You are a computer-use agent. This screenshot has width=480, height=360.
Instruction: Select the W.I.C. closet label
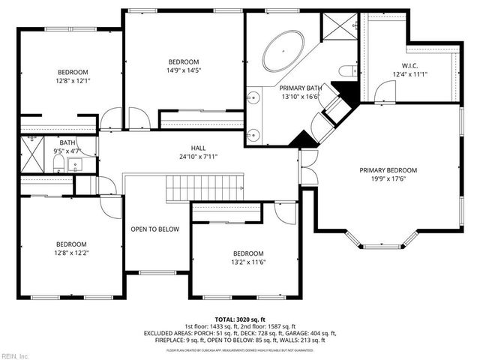[408, 64]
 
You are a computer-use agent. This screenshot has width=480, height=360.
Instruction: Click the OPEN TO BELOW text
[155, 229]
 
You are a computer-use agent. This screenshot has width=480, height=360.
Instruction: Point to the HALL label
[198, 148]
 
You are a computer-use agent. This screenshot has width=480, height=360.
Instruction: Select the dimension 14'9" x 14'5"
[183, 71]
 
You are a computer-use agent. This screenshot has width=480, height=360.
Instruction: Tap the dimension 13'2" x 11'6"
[248, 262]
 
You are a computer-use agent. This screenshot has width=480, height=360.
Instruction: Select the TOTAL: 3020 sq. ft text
[241, 319]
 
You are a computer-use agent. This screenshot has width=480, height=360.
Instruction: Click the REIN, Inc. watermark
[15, 355]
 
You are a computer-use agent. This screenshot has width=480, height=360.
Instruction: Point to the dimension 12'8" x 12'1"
[72, 82]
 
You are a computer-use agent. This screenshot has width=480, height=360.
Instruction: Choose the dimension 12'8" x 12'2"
[71, 253]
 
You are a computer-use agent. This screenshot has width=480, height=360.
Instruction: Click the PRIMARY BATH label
[298, 87]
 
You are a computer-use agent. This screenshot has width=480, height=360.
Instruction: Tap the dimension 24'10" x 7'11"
[198, 157]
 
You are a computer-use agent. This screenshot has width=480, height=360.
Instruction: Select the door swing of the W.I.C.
[385, 92]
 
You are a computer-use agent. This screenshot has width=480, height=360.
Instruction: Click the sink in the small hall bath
[74, 165]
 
